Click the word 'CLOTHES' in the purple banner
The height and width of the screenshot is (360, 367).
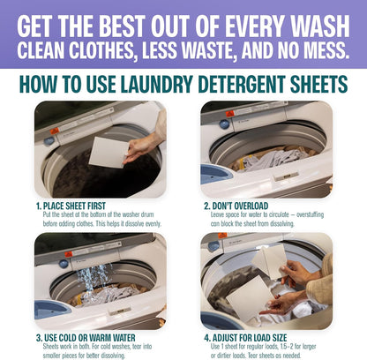click(105, 45)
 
